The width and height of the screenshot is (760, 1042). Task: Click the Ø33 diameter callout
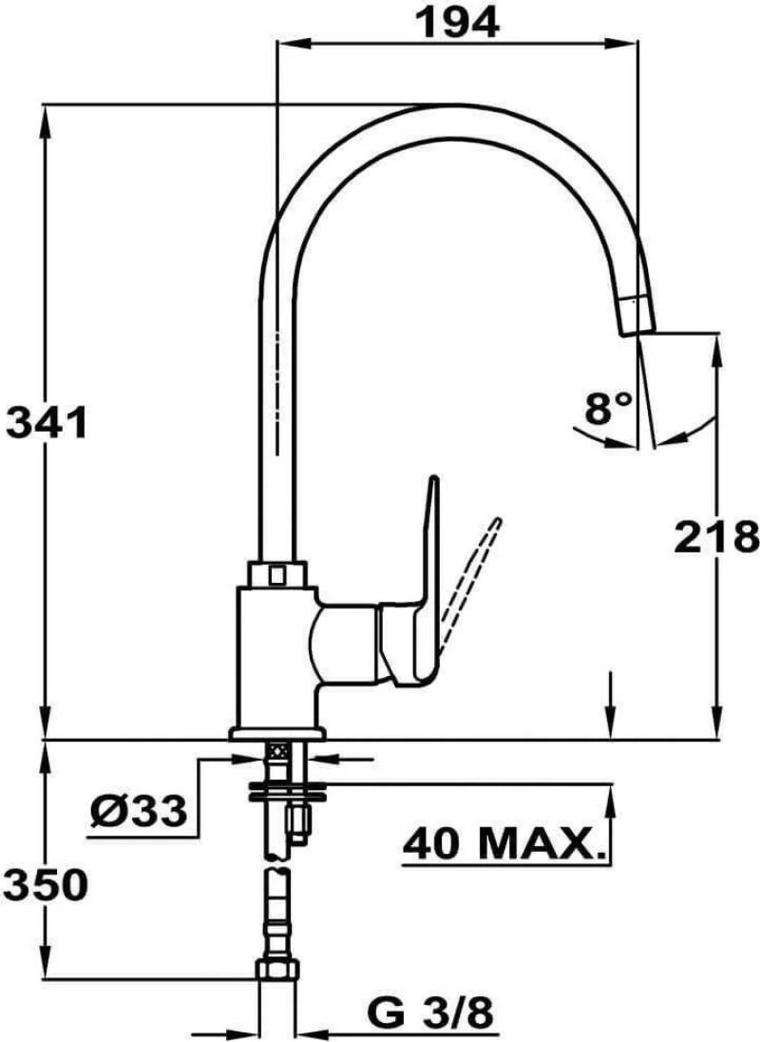coord(138,810)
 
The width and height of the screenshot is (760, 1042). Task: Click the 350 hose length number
coord(47,884)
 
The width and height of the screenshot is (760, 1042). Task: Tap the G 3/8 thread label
coord(430,1014)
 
